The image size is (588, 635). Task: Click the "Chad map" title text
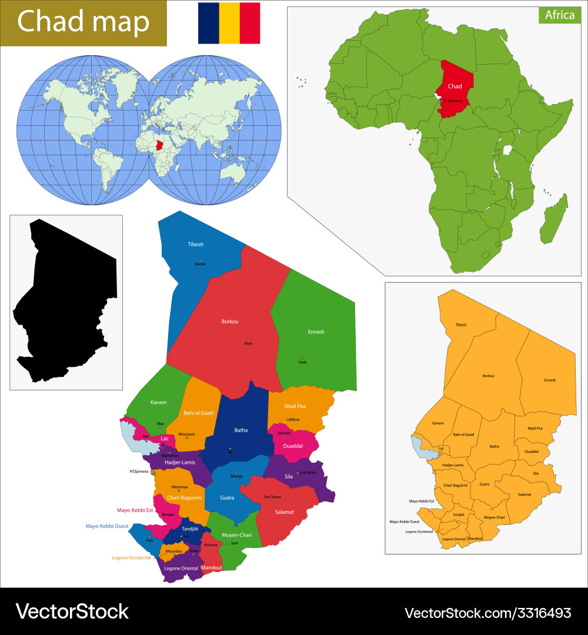click(83, 22)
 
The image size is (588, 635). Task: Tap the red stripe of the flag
click(250, 23)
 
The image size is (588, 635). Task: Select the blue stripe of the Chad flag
click(208, 23)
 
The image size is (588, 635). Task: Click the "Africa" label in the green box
click(559, 15)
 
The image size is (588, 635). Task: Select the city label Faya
click(248, 343)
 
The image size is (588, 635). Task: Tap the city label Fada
click(302, 362)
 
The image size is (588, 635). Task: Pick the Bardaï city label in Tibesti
click(201, 264)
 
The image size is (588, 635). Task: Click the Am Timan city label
click(272, 497)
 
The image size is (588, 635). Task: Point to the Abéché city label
click(284, 433)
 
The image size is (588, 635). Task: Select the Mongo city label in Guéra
click(236, 476)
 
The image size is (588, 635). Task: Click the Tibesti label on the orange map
click(462, 325)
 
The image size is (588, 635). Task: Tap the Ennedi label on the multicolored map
click(316, 332)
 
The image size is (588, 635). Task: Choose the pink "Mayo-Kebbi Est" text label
click(135, 510)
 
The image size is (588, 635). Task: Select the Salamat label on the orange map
click(524, 494)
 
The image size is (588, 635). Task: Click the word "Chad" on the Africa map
click(455, 86)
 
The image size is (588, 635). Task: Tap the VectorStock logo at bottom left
click(72, 611)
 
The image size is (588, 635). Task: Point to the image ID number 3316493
click(538, 613)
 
